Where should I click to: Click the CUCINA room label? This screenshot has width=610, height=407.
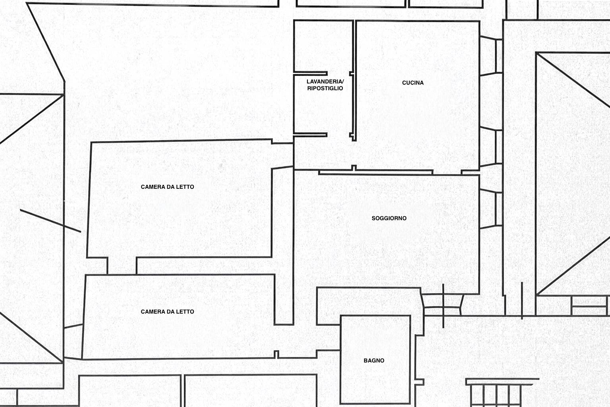click(413, 83)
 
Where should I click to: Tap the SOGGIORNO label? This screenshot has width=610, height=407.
click(389, 218)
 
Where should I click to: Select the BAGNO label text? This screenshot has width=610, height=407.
click(374, 360)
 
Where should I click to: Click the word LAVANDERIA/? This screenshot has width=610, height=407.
click(325, 81)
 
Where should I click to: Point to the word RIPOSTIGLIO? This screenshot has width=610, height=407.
click(325, 88)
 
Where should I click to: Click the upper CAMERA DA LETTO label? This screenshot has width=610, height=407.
click(168, 187)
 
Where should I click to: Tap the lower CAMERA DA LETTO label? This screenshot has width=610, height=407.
click(168, 312)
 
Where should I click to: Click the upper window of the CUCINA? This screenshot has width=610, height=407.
click(491, 56)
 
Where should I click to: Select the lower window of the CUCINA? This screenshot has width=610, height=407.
click(491, 147)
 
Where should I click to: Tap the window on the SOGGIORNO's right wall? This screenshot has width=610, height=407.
click(491, 209)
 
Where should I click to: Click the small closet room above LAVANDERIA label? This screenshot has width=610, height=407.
click(323, 46)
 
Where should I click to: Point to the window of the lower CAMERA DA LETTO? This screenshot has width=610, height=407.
click(73, 341)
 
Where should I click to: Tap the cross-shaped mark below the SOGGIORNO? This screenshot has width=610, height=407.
click(443, 306)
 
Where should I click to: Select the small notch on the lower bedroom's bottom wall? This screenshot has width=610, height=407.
click(276, 355)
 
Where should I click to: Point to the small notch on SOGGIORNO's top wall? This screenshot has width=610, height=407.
click(354, 168)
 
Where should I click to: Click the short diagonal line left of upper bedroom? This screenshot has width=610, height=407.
click(50, 221)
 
